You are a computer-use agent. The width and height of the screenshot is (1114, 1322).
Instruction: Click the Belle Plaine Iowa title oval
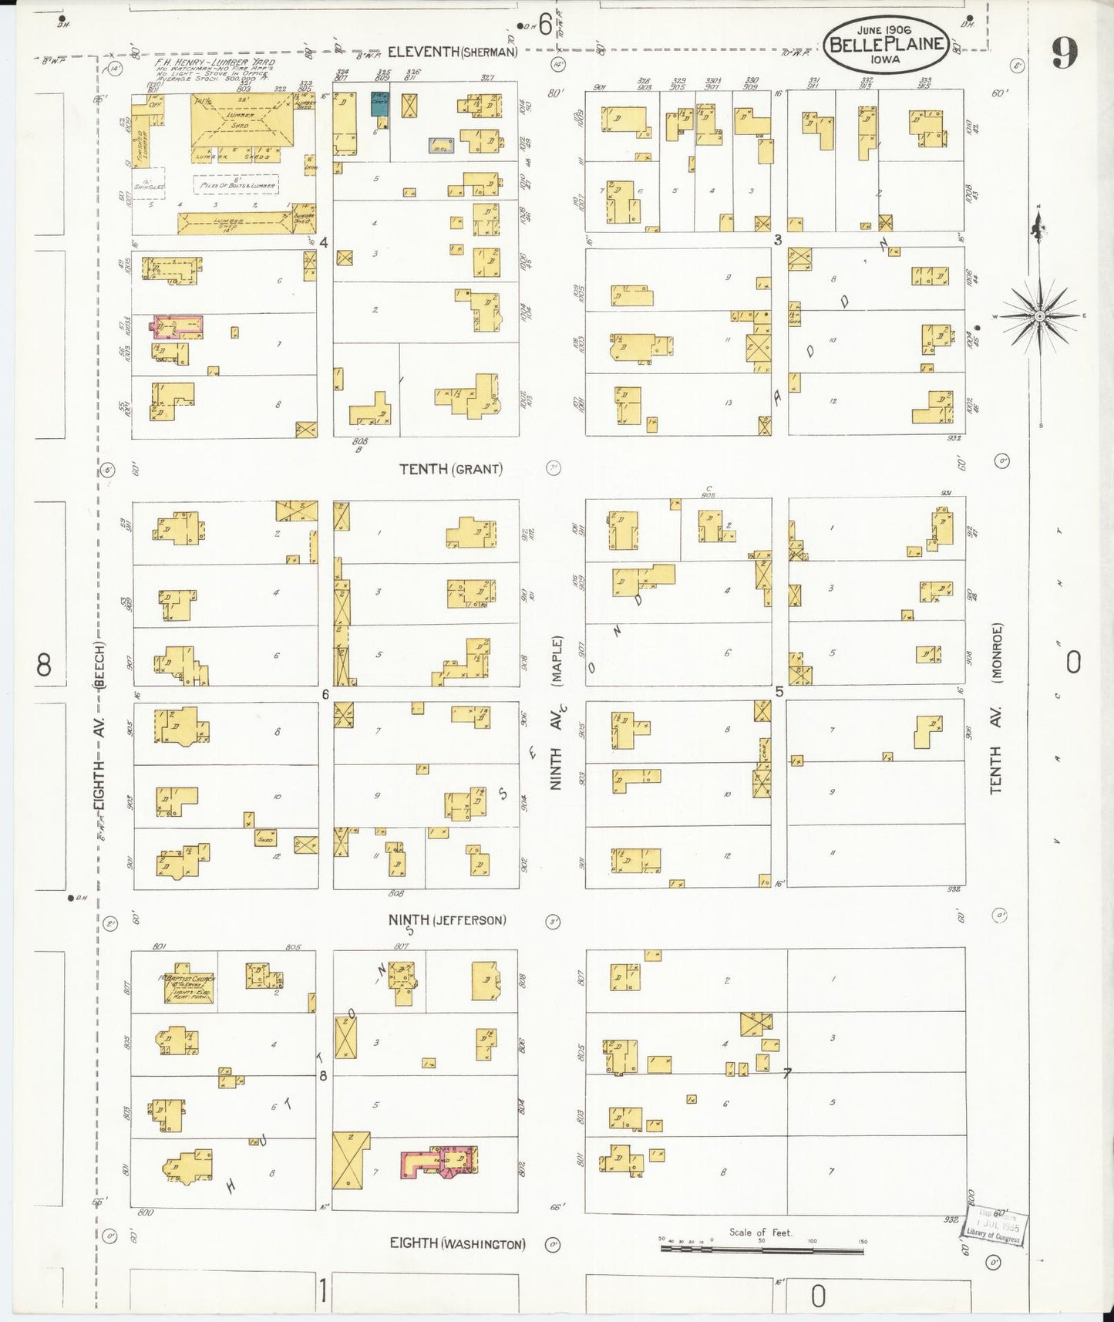coord(885,44)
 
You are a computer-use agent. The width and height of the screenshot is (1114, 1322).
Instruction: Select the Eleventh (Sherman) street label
coord(452,52)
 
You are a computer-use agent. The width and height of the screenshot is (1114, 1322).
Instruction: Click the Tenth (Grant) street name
coord(451,469)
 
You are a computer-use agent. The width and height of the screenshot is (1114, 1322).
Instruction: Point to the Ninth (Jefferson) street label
coord(447,919)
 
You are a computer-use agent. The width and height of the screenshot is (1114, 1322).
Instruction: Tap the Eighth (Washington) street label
coord(458,1243)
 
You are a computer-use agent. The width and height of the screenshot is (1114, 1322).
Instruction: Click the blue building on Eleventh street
coord(379,105)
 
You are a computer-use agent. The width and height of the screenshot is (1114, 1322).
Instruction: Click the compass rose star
coord(1039,316)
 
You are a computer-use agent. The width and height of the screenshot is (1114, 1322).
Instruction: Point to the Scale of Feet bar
coord(762,1247)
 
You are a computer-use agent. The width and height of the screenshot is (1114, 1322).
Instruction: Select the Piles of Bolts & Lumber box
coord(235,184)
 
